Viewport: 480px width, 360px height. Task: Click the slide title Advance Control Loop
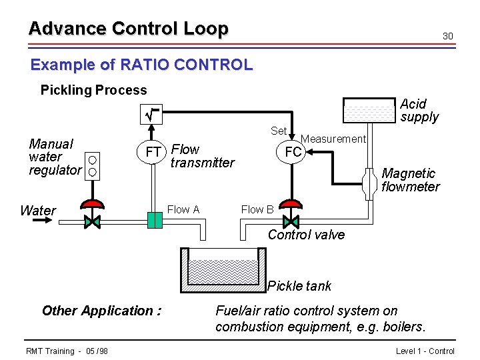pyautogui.click(x=128, y=29)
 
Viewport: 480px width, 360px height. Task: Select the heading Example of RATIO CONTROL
pyautogui.click(x=141, y=65)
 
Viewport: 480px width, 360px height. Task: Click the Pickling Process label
pyautogui.click(x=93, y=90)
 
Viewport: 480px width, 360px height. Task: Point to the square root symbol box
pyautogui.click(x=154, y=117)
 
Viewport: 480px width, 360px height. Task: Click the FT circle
pyautogui.click(x=153, y=153)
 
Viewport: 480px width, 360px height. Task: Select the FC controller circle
pyautogui.click(x=293, y=152)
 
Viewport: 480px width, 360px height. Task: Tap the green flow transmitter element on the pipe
pyautogui.click(x=155, y=219)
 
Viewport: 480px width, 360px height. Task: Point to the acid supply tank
pyautogui.click(x=369, y=111)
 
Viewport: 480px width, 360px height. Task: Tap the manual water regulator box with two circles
pyautogui.click(x=93, y=166)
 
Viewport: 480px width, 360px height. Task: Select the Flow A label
pyautogui.click(x=183, y=209)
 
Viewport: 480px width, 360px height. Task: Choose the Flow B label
pyautogui.click(x=257, y=209)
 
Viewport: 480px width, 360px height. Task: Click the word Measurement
pyautogui.click(x=333, y=139)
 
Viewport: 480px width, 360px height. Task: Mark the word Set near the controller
pyautogui.click(x=279, y=131)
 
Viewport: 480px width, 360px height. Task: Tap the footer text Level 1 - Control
pyautogui.click(x=425, y=351)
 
